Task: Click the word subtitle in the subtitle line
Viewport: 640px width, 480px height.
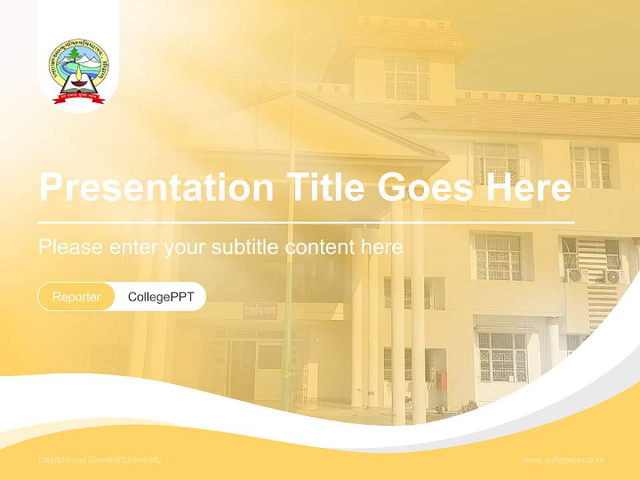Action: point(246,247)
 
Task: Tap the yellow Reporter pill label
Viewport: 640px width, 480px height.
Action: point(77,297)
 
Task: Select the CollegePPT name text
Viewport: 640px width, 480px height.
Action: point(161,297)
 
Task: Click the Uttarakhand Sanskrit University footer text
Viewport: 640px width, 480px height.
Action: point(100,460)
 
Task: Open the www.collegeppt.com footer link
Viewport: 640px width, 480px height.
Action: point(563,460)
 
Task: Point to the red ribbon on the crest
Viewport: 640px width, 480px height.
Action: point(79,99)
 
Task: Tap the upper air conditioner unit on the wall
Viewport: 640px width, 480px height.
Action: point(576,274)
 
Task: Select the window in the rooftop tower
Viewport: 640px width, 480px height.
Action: point(406,79)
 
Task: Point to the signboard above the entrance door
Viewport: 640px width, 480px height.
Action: point(260,311)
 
